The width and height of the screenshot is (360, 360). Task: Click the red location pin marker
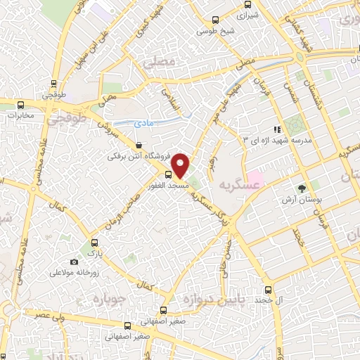181,165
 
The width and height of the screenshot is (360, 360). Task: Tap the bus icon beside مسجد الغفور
169,174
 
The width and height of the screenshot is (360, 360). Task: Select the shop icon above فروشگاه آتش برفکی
128,145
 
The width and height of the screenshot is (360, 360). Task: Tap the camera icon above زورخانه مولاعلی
75,262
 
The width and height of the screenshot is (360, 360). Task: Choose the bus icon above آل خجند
268,289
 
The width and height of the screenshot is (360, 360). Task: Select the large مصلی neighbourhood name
157,62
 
